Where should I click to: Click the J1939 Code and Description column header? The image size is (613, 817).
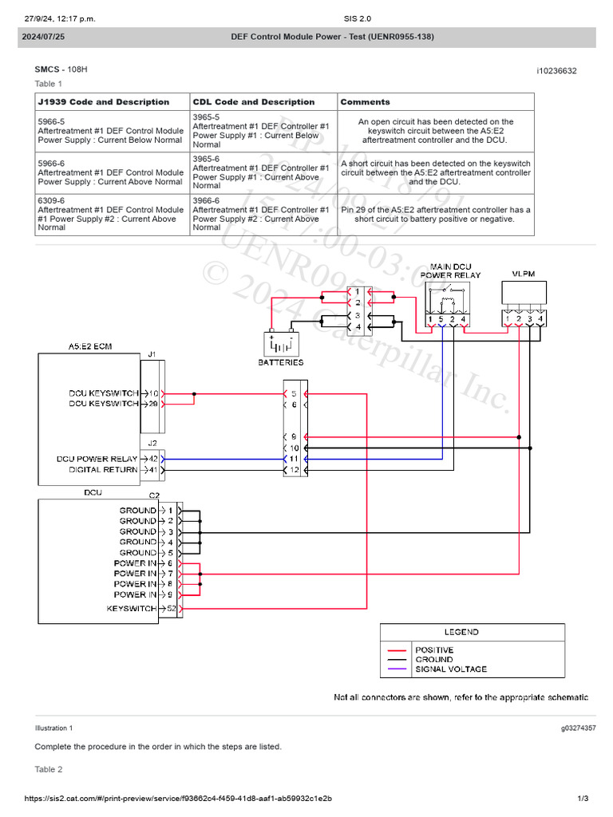tap(104, 102)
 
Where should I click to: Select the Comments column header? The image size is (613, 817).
tap(365, 102)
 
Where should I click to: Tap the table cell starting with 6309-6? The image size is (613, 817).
tap(111, 215)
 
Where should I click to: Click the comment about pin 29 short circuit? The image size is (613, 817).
tap(436, 215)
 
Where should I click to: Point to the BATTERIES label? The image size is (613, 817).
tap(281, 361)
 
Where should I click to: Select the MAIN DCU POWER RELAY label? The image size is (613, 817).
tap(451, 271)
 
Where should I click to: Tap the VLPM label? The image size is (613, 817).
tap(524, 273)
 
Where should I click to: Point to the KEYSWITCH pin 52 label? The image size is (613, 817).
tap(132, 609)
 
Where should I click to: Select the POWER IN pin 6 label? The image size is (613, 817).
tap(135, 563)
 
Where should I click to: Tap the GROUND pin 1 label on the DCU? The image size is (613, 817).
tap(138, 510)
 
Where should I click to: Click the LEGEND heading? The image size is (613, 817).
tap(461, 632)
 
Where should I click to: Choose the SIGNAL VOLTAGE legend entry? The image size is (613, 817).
tap(450, 669)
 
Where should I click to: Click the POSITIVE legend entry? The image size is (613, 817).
tap(434, 650)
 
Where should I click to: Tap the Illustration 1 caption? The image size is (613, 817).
tap(53, 728)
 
